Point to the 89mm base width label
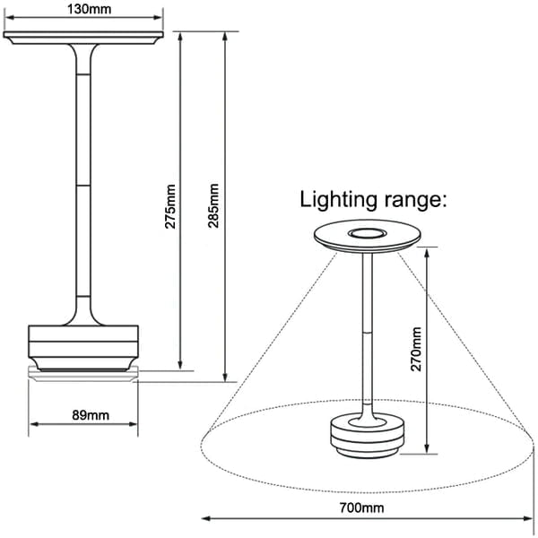click(84, 414)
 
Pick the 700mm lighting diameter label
click(362, 508)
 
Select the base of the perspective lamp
click(365, 437)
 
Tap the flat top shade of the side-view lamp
click(84, 37)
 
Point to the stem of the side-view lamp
click(84, 179)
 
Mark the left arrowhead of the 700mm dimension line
click(205, 517)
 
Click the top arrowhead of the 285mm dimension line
click(224, 37)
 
